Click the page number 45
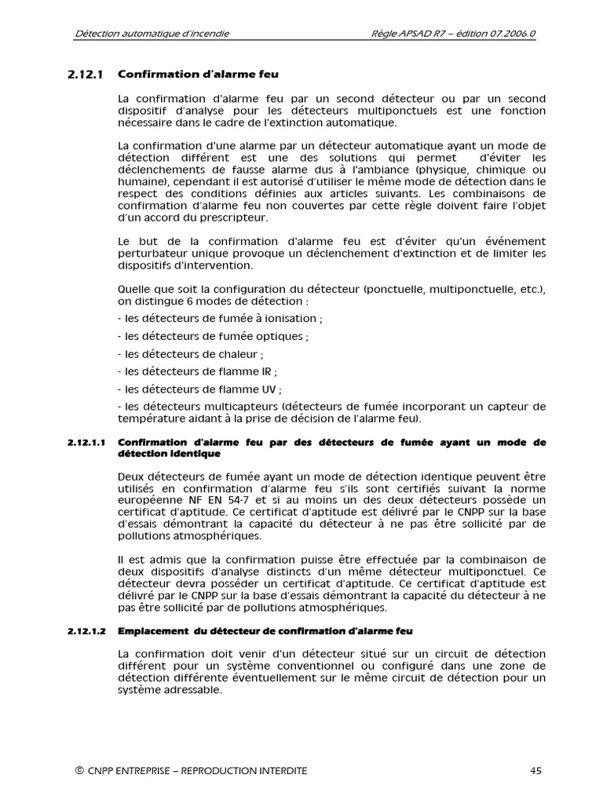[x=535, y=771]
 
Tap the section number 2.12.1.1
[x=86, y=443]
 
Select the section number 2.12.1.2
[x=86, y=631]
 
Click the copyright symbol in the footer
[x=79, y=771]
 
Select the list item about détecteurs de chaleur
[x=190, y=354]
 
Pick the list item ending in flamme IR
[x=197, y=371]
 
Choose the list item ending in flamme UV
[x=199, y=389]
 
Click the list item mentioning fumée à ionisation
[x=220, y=319]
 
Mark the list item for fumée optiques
[x=213, y=336]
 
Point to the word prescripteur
[x=233, y=217]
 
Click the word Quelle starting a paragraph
[x=133, y=289]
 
